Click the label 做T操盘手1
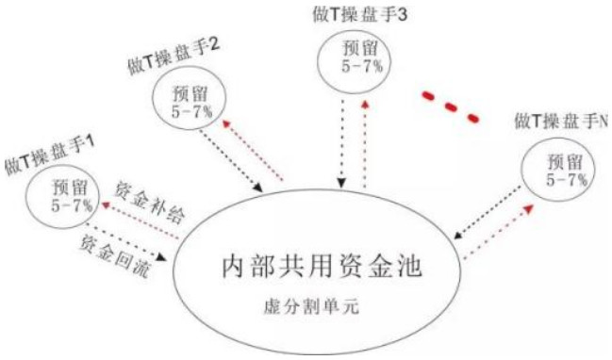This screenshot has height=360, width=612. point(50,144)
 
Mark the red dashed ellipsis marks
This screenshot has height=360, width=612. point(450,104)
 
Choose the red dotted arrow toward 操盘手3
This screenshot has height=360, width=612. point(365,137)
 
